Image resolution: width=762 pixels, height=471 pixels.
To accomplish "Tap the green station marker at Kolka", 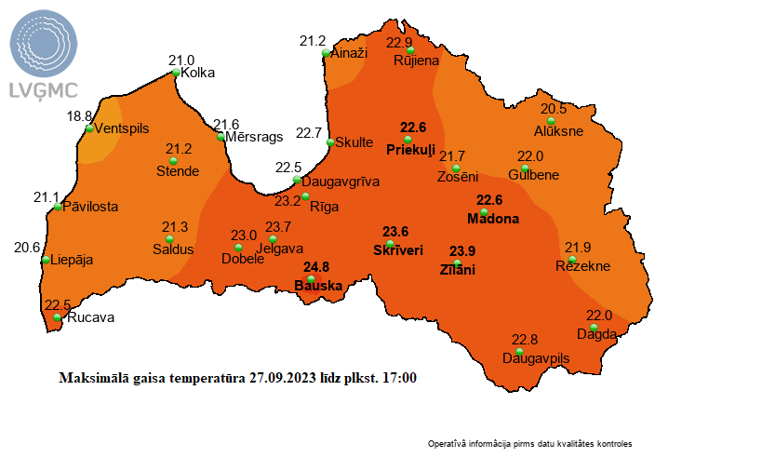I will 176,73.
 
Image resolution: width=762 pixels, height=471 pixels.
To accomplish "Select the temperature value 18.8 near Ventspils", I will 80,115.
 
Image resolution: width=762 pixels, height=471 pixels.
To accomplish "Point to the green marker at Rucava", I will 58,317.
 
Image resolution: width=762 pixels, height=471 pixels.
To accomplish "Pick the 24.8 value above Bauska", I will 316,267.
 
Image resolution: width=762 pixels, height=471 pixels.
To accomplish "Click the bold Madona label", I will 492,219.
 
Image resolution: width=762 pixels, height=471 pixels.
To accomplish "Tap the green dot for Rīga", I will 305,195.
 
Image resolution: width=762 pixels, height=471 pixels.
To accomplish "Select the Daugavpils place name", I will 535,357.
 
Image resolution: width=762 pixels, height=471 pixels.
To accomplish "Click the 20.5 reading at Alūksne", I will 554,108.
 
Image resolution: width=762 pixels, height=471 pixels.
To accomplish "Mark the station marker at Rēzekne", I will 572,259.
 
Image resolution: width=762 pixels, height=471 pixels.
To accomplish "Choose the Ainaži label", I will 350,54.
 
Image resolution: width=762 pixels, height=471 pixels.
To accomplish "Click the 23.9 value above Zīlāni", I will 462,251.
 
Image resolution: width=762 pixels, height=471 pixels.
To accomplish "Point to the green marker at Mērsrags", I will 221,137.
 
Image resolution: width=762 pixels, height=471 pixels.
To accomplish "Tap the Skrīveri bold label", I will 397,250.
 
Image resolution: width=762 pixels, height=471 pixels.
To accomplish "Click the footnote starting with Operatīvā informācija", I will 529,444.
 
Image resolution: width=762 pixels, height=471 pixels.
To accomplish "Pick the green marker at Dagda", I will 594,327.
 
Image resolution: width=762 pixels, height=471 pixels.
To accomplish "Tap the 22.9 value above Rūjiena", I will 399,43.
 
